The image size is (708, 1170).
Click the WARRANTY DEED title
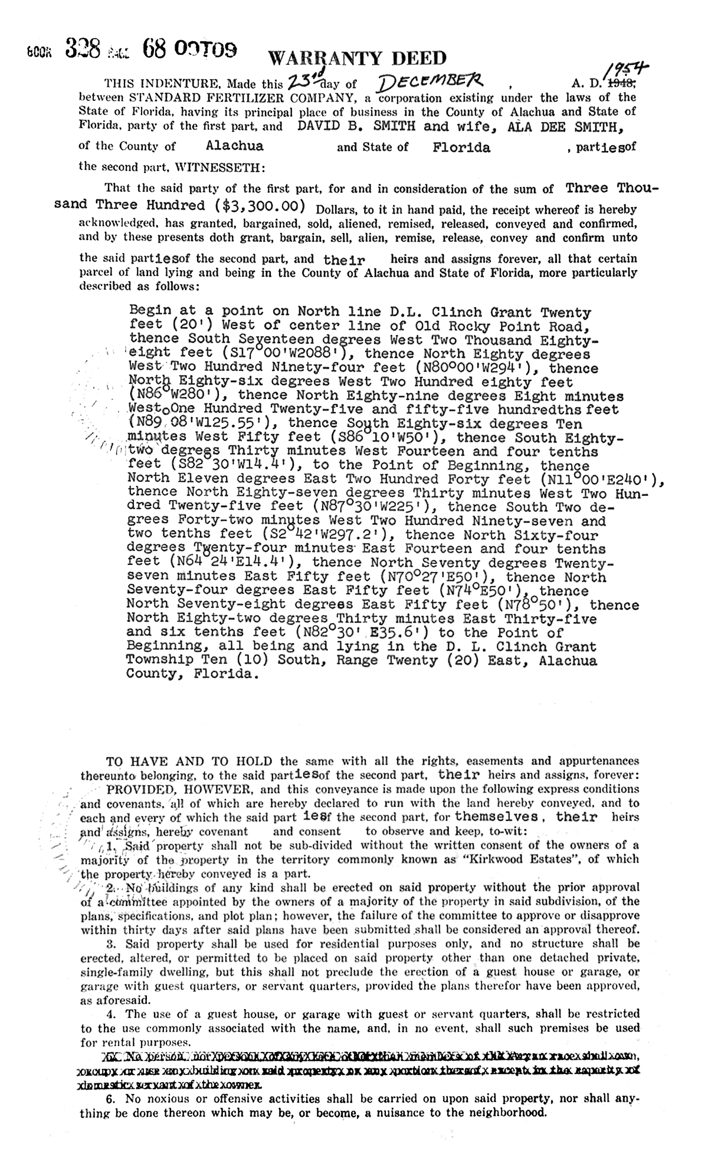(358, 58)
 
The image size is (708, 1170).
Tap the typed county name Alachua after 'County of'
(235, 146)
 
